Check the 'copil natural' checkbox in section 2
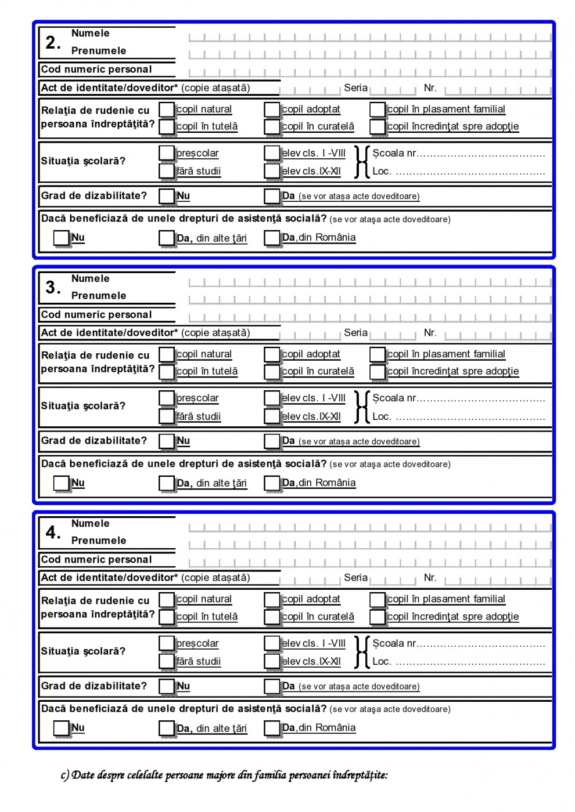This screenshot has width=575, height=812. (x=167, y=109)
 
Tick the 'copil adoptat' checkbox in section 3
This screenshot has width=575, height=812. (x=272, y=354)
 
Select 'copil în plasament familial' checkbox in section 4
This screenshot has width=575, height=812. (x=378, y=599)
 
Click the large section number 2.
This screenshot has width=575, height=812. (x=53, y=42)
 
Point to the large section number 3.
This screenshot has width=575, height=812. (x=53, y=287)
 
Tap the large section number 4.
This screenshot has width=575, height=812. (x=53, y=532)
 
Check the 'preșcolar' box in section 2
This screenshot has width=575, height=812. (x=167, y=153)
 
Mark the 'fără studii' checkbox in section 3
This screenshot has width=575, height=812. (x=167, y=416)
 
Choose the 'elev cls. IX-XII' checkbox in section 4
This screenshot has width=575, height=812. (x=272, y=661)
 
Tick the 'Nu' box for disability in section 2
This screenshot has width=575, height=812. (x=167, y=196)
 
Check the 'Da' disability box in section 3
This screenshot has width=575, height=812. (x=272, y=441)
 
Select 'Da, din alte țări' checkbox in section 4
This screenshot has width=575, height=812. (x=167, y=728)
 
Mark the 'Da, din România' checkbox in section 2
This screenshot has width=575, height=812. (x=272, y=238)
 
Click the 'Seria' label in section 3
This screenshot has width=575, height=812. (x=355, y=333)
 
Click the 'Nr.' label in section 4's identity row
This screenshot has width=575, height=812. (x=430, y=578)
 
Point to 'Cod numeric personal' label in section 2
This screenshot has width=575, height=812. (x=96, y=70)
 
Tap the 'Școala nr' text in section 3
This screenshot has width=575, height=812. (x=394, y=398)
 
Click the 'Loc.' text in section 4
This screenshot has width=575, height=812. (x=382, y=661)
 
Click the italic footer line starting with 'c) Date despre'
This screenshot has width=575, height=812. (x=224, y=775)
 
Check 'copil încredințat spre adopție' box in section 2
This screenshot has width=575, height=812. (x=378, y=126)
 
